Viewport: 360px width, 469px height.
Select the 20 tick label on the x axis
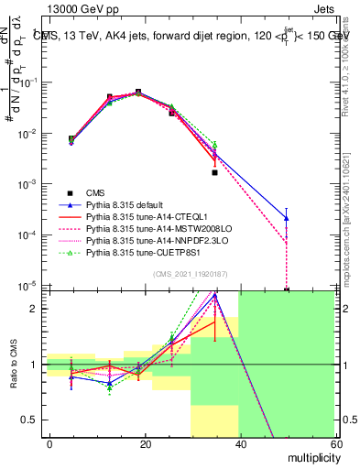point(144,442)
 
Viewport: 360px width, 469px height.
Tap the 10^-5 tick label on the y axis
point(27,286)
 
